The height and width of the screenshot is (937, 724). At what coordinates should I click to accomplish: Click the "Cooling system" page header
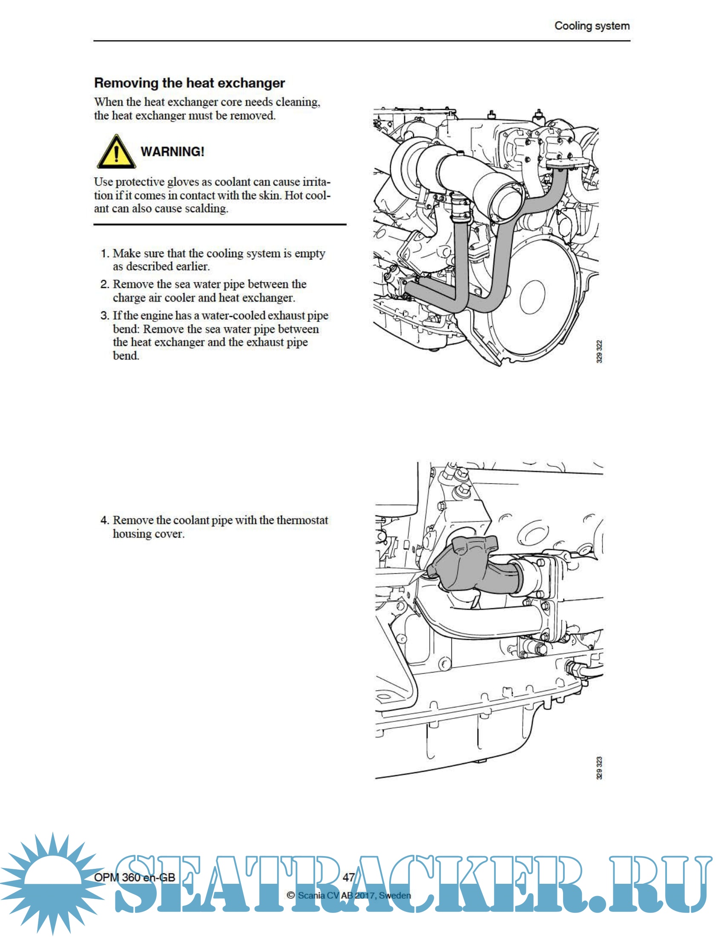point(592,26)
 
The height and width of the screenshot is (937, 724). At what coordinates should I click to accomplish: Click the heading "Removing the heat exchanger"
point(189,83)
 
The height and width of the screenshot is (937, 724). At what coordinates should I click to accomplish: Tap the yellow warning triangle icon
point(116,152)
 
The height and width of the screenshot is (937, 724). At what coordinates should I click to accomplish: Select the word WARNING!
point(172,152)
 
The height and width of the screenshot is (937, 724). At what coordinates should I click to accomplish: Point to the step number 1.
point(104,253)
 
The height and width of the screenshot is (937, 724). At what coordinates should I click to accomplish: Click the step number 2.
point(104,285)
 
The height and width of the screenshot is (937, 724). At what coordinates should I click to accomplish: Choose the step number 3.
point(104,316)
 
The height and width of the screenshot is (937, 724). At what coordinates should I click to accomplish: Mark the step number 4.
point(104,520)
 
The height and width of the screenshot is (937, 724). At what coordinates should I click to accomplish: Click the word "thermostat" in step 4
point(302,520)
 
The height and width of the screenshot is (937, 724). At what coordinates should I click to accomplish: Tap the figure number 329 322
point(599,351)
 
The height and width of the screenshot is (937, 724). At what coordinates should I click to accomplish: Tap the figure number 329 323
point(599,768)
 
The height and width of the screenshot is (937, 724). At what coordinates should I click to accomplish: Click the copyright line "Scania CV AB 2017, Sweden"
point(354,895)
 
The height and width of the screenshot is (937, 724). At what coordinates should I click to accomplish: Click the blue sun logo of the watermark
point(52,884)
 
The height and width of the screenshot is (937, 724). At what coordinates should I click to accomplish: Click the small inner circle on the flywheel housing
point(532,296)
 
